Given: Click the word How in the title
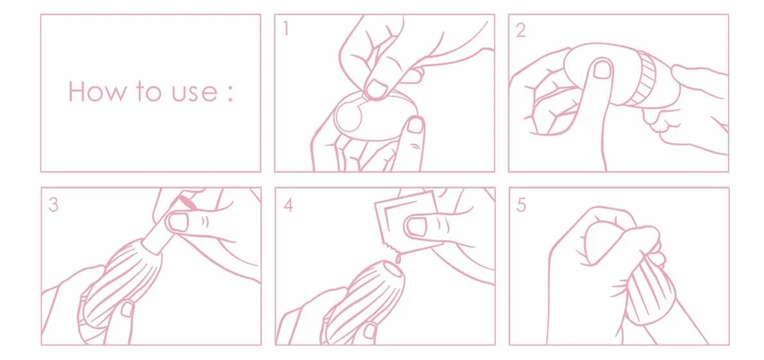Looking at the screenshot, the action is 96,91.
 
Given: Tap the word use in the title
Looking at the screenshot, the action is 191,94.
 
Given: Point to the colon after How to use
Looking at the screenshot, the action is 230,94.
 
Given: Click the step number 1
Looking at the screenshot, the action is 285,29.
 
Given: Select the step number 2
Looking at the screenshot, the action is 520,30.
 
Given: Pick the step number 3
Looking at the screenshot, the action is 53,204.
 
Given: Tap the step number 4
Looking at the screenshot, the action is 288,204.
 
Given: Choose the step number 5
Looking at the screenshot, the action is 521,205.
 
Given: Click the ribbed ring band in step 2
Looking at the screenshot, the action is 644,80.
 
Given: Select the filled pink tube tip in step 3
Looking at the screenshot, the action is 186,202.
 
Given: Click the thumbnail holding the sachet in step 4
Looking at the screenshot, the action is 417,226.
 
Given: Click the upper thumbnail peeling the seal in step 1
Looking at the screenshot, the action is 377,88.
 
